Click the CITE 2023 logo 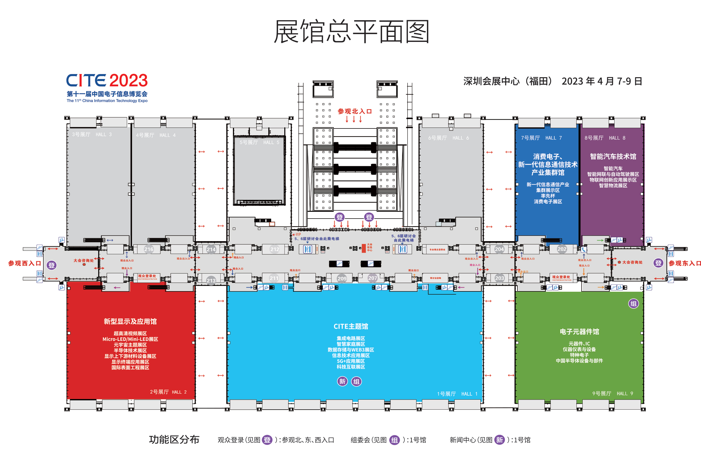coord(107,81)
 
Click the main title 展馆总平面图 coord(352,32)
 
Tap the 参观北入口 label coord(354,111)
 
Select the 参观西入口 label coord(25,263)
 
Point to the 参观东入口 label coord(685,263)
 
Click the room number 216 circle coord(149,249)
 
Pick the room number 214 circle coord(211,250)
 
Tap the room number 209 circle coord(342,279)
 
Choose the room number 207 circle coord(373,278)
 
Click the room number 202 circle coord(562,249)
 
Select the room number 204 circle coord(499,249)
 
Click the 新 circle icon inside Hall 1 coord(342,382)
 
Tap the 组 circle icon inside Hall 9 coord(634,304)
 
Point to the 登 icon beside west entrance coord(52,265)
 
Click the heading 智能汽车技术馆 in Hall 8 coord(613,157)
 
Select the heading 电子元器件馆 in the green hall coord(579,332)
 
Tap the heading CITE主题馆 coord(351,327)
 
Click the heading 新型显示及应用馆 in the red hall coord(130,322)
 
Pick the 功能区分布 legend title coord(174,439)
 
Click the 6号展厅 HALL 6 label coord(449,138)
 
